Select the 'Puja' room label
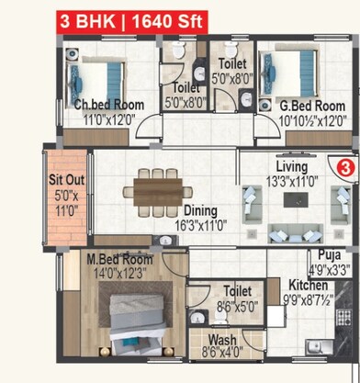(x=329, y=256)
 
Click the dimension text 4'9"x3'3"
(x=330, y=270)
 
